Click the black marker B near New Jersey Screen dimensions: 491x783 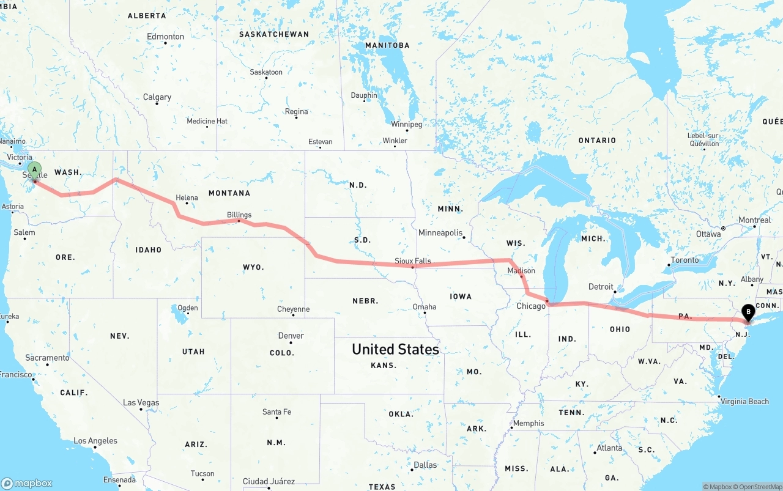pos(748,312)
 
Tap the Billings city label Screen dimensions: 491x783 pos(239,215)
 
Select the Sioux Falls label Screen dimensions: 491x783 pos(412,260)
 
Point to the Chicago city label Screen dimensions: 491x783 pos(530,306)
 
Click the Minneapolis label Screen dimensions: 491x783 pos(440,232)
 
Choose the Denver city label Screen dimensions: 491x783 pos(291,336)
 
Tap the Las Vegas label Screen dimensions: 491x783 pos(141,402)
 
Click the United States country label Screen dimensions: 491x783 pos(395,349)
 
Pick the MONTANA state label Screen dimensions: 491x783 pos(229,193)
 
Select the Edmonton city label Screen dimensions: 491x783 pos(165,37)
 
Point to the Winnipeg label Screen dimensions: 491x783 pos(406,124)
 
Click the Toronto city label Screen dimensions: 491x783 pos(685,260)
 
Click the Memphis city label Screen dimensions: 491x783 pos(528,423)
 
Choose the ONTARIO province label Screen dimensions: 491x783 pos(597,140)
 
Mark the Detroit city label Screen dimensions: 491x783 pos(601,286)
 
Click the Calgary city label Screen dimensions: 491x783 pos(157,97)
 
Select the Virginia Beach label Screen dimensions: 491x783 pos(744,402)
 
